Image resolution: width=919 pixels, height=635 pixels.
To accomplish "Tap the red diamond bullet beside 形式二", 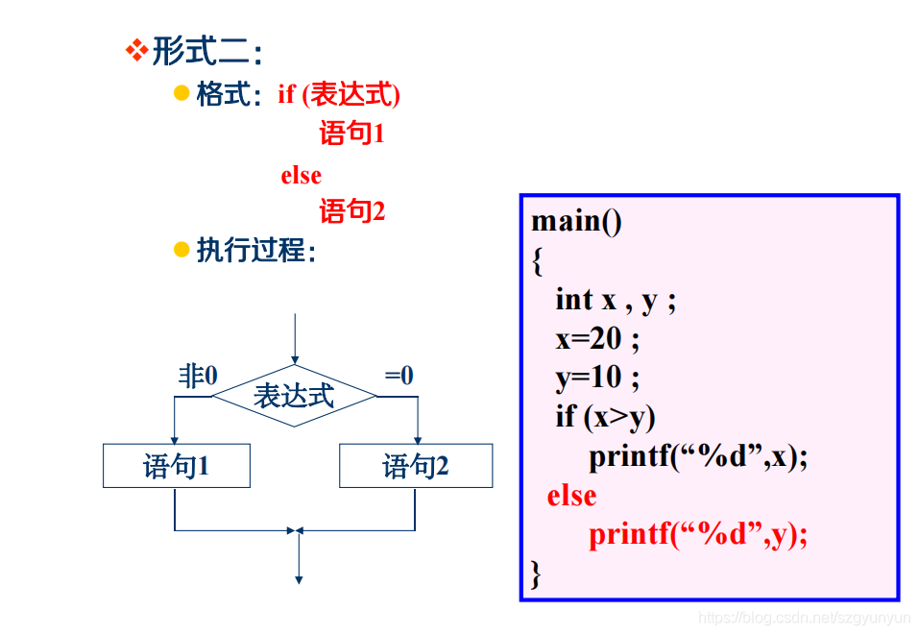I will pyautogui.click(x=137, y=49).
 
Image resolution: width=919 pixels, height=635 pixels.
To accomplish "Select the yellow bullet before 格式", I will pyautogui.click(x=181, y=93).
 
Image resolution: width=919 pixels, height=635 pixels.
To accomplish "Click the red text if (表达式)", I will pyautogui.click(x=339, y=94).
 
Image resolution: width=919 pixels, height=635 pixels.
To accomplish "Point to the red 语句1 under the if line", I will pyautogui.click(x=352, y=134).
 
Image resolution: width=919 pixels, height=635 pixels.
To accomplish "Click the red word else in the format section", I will pyautogui.click(x=301, y=176).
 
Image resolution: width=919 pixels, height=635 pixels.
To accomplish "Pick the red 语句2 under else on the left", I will pyautogui.click(x=352, y=211).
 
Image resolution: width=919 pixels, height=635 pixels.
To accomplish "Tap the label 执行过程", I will pyautogui.click(x=255, y=251).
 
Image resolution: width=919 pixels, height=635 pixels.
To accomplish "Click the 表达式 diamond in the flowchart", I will pyautogui.click(x=294, y=395).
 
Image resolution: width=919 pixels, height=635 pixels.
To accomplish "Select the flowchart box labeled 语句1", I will pyautogui.click(x=177, y=466).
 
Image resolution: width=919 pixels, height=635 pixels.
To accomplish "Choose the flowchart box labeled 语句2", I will pyautogui.click(x=416, y=466).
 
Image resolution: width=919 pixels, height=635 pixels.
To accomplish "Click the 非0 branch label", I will pyautogui.click(x=197, y=377).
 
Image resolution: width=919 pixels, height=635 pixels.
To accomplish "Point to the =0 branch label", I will pyautogui.click(x=399, y=376).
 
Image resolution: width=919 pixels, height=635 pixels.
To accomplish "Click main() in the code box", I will pyautogui.click(x=576, y=221).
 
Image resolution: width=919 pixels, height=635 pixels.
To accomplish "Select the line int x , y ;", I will pyautogui.click(x=616, y=300).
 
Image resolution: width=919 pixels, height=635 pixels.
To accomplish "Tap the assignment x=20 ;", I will pyautogui.click(x=596, y=339).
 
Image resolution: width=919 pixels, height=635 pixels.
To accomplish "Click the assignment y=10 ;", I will pyautogui.click(x=596, y=378).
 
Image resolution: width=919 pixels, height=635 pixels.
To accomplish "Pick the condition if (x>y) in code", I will pyautogui.click(x=605, y=417).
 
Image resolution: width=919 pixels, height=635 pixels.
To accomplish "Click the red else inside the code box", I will pyautogui.click(x=571, y=496).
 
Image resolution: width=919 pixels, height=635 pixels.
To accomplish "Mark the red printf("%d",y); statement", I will pyautogui.click(x=698, y=534).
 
